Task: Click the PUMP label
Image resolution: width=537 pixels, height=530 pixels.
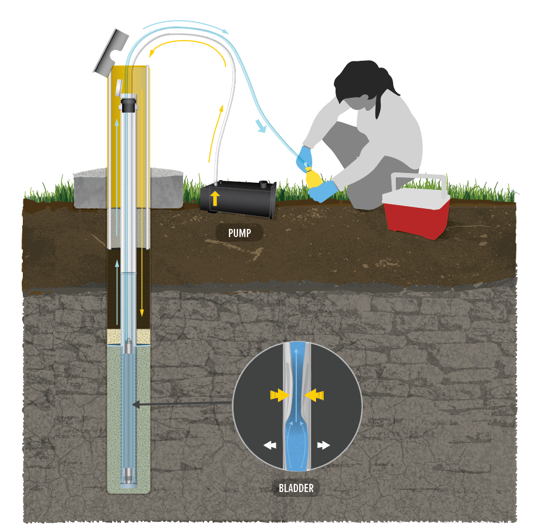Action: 239,233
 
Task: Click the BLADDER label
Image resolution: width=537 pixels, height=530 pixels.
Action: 296,488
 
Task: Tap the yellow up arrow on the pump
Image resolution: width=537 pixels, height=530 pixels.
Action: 215,198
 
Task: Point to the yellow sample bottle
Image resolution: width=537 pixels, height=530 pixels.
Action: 313,177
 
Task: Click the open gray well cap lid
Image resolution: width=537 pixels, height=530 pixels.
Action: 111,52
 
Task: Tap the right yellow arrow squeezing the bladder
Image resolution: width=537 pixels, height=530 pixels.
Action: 315,396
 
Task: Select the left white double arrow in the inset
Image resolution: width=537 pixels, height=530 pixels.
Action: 270,445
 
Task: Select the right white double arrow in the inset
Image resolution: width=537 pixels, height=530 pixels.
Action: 324,445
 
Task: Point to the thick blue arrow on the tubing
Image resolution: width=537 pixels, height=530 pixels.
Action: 261,126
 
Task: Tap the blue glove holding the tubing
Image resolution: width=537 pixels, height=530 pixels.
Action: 305,157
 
